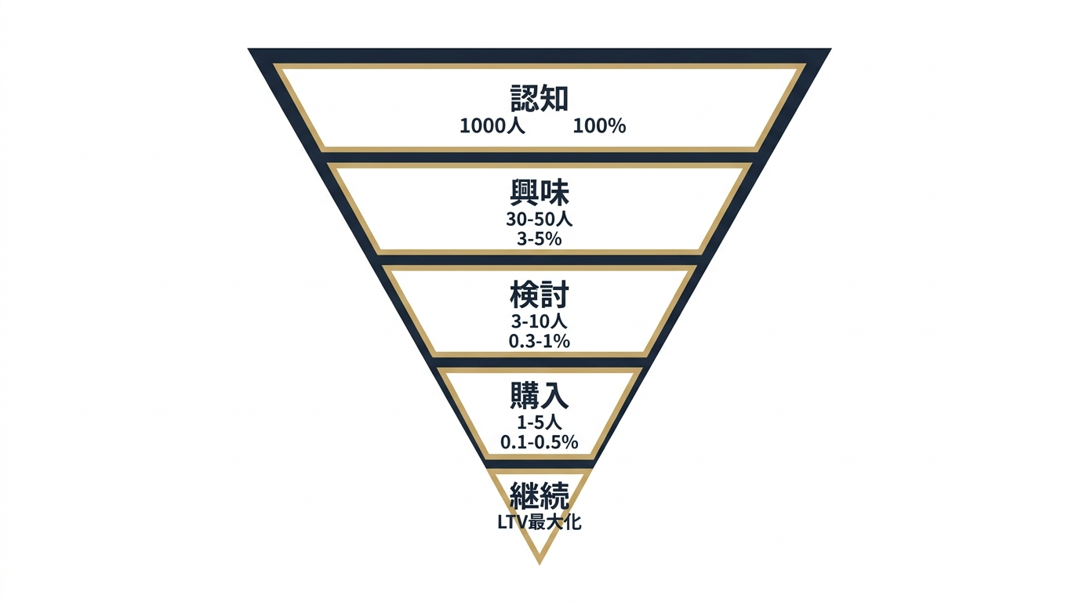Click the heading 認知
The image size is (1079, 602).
pos(539,98)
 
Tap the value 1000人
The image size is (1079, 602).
pos(492,126)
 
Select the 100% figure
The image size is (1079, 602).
pos(599,126)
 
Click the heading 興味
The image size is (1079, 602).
pos(539,193)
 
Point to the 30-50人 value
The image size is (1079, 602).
pos(539,219)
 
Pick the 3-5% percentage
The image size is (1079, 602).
pos(539,239)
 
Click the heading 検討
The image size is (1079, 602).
pos(539,294)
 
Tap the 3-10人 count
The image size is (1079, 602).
pos(539,321)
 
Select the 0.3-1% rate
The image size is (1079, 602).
pos(539,341)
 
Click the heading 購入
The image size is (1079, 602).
pos(539,395)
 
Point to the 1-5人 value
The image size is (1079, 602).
pos(539,422)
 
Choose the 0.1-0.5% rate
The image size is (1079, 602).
pos(539,442)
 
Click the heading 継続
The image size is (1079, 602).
pos(539,495)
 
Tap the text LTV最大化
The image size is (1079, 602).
pos(539,522)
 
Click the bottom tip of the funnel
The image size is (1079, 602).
pos(539,564)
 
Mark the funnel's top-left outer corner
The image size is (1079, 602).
pos(249,49)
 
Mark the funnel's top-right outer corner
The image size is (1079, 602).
pos(831,49)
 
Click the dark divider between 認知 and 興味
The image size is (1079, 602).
pos(539,158)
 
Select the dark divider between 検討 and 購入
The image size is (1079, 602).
pos(539,362)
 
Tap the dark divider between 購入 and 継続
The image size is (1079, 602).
pos(539,464)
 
